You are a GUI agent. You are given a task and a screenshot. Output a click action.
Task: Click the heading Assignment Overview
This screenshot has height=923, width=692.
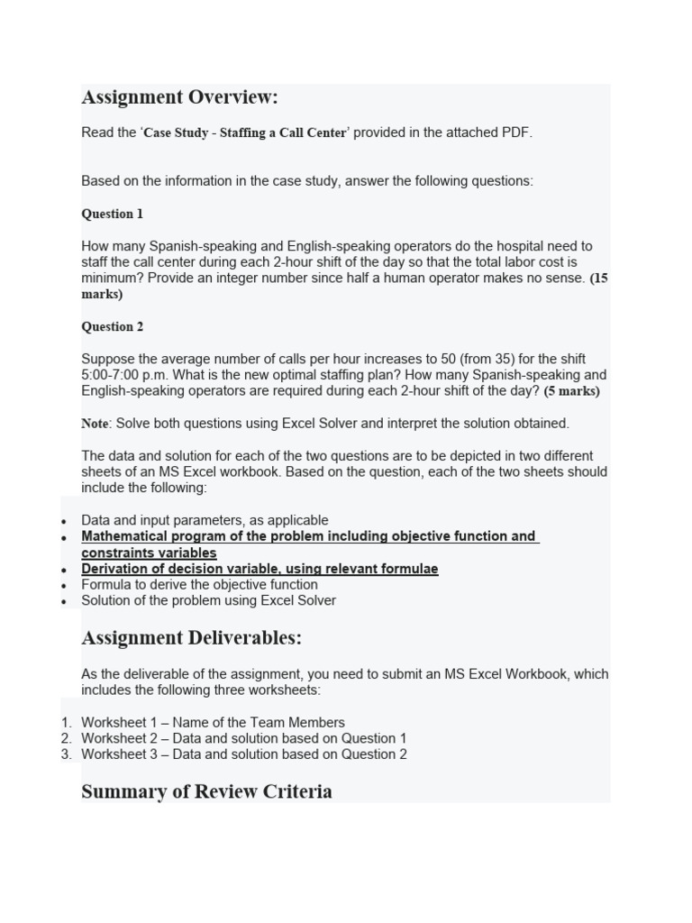179,97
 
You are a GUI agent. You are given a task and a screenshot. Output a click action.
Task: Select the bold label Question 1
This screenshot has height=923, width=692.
113,215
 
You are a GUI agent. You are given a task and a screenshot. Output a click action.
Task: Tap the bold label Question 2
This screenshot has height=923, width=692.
113,327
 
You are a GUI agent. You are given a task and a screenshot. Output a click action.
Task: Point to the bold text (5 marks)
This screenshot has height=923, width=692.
571,391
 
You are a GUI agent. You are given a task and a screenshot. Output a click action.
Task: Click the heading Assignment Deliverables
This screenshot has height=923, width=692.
191,638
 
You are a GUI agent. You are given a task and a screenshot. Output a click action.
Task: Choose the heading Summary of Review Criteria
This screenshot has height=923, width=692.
206,791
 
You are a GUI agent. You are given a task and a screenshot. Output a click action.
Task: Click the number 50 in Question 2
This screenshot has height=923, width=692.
424,359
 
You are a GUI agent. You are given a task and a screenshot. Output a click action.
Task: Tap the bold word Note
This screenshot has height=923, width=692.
95,424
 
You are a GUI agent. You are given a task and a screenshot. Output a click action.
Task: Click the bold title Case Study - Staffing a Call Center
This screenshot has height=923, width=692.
245,133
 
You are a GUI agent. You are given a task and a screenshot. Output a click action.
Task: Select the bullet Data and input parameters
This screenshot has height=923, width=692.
205,520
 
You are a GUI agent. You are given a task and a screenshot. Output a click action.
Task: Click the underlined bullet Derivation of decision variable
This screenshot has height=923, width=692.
259,569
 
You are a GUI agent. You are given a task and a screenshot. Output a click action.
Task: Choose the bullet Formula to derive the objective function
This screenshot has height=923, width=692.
199,585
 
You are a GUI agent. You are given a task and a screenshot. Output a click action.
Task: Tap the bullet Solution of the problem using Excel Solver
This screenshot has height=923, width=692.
208,600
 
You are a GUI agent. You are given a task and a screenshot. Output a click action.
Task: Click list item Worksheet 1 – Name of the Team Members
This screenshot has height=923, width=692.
213,722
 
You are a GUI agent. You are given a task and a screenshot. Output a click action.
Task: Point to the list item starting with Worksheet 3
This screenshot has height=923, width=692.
243,754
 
